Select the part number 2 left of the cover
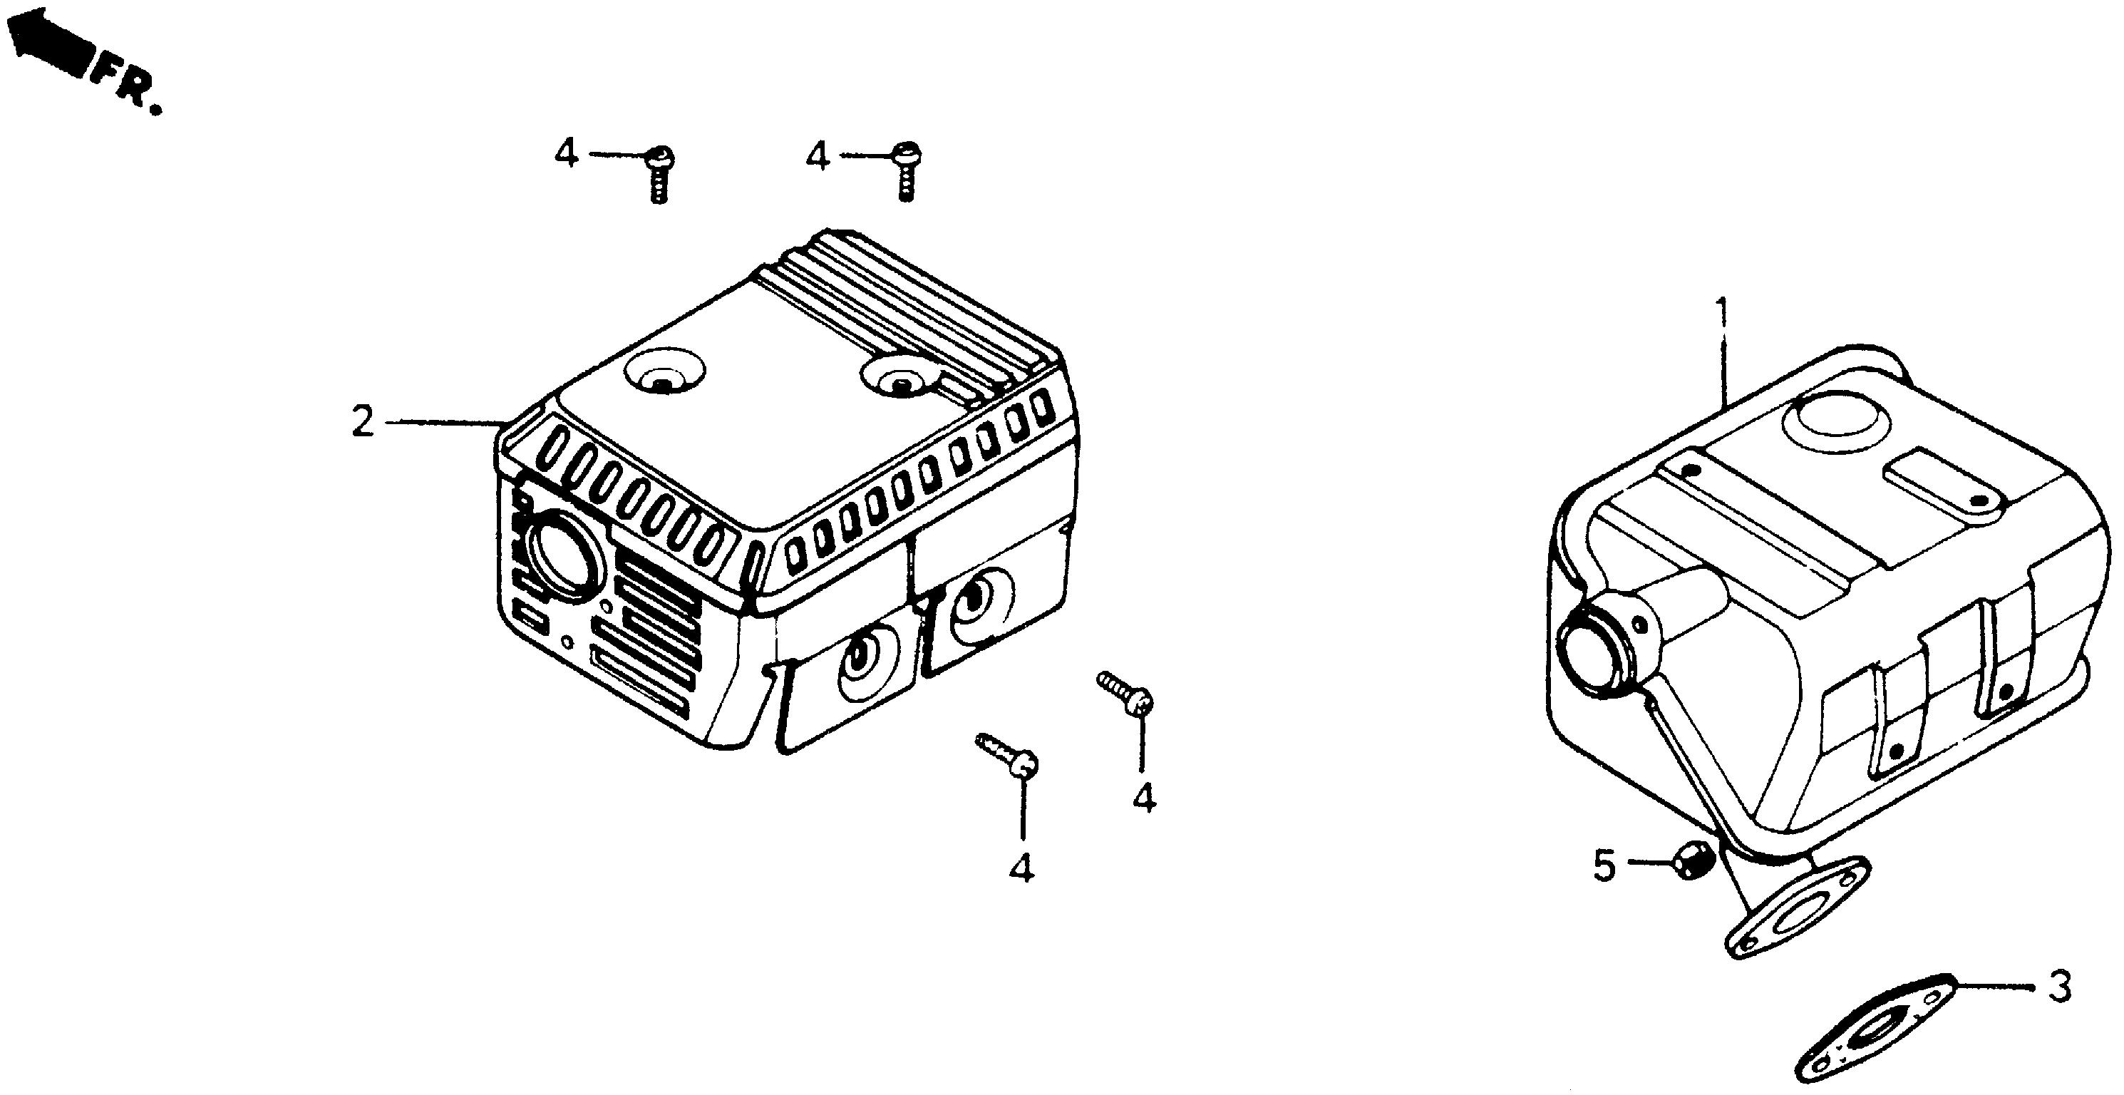click(x=363, y=422)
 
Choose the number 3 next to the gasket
click(x=2059, y=986)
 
